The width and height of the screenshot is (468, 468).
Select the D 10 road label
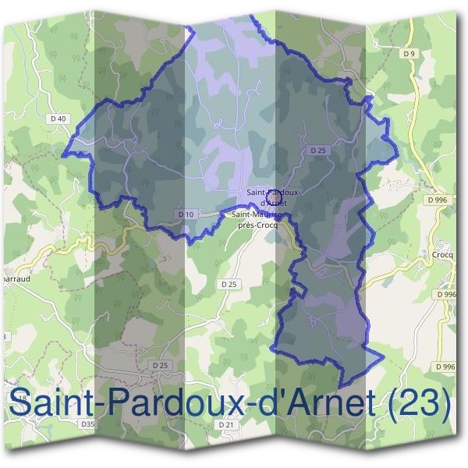click(186, 214)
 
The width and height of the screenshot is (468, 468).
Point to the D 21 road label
click(227, 424)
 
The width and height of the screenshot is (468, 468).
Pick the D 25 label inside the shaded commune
click(317, 150)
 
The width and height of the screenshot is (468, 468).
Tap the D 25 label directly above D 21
click(160, 365)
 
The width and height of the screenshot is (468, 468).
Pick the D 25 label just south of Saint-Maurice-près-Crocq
click(229, 284)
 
